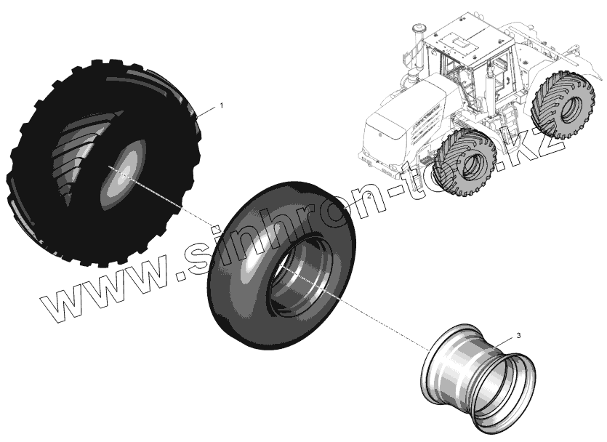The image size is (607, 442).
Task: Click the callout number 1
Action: [x=222, y=105]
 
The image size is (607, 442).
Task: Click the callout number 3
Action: [x=518, y=335]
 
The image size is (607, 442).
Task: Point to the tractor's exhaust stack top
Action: [x=418, y=31]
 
